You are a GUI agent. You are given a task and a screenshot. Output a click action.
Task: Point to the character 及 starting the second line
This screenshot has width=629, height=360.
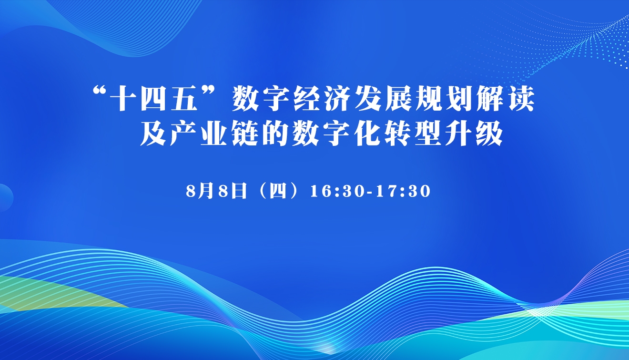coord(154,134)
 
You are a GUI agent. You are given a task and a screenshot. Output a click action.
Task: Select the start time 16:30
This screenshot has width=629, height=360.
coord(337,192)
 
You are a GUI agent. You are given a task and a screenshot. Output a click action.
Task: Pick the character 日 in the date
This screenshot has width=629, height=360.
coord(238,191)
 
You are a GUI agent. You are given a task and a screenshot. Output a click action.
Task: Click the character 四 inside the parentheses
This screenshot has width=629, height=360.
coord(278,191)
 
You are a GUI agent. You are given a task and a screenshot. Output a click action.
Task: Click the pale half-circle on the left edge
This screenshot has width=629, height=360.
coord(6,198)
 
